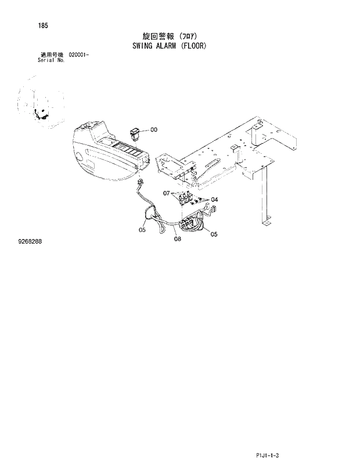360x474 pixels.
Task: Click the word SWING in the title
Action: [138, 45]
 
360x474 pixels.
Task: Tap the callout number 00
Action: [154, 130]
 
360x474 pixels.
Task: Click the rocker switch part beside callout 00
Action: [135, 133]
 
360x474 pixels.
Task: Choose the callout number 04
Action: [214, 200]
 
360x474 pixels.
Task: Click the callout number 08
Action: [177, 238]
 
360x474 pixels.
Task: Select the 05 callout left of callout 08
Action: [142, 230]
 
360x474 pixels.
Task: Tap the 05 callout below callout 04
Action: [214, 234]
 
